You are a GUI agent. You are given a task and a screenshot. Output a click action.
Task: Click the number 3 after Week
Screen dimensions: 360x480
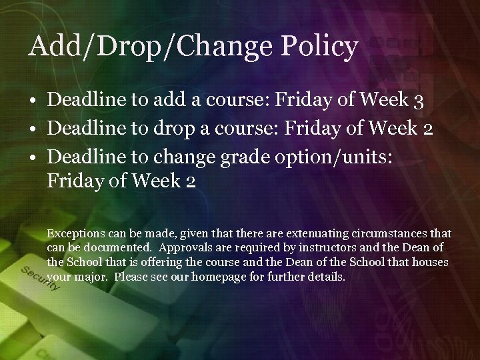418,101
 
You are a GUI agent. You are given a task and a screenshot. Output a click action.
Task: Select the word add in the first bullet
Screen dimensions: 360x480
168,101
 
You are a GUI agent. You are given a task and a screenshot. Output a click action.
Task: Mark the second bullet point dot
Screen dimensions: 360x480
33,127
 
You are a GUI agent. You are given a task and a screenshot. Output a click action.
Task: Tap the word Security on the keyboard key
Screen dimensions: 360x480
40,281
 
